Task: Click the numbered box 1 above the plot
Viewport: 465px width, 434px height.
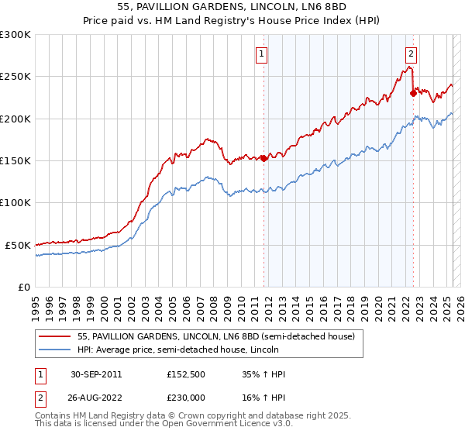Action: [x=262, y=54]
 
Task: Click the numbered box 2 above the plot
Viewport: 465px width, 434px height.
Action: [x=410, y=54]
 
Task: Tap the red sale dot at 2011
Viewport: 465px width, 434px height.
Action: [x=263, y=158]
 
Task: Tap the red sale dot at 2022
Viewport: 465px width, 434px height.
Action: [x=413, y=94]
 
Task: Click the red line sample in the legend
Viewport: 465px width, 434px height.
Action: [x=55, y=336]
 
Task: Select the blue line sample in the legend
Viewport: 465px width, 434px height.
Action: [x=55, y=350]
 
